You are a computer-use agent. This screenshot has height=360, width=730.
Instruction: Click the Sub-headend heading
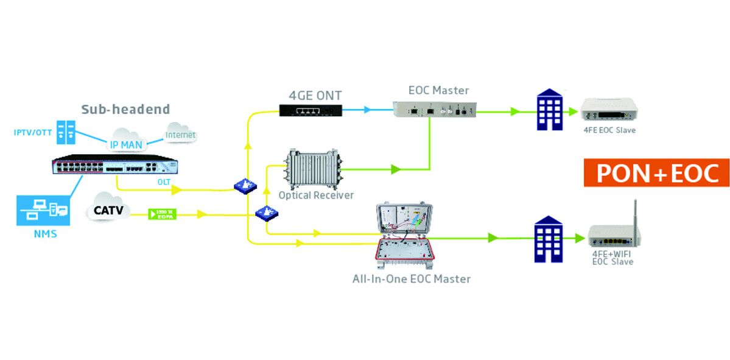click(x=125, y=110)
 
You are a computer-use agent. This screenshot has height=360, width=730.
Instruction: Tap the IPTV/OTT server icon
click(x=65, y=132)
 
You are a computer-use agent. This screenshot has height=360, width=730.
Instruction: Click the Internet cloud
click(x=180, y=133)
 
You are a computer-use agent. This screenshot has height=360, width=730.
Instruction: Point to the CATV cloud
click(x=109, y=211)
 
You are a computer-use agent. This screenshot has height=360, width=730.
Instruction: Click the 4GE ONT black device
click(x=311, y=110)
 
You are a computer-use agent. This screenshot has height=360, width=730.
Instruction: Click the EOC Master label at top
click(x=438, y=90)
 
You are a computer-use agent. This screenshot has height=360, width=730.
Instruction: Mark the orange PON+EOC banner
click(x=656, y=173)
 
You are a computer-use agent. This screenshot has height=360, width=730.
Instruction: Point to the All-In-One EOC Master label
click(x=412, y=279)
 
